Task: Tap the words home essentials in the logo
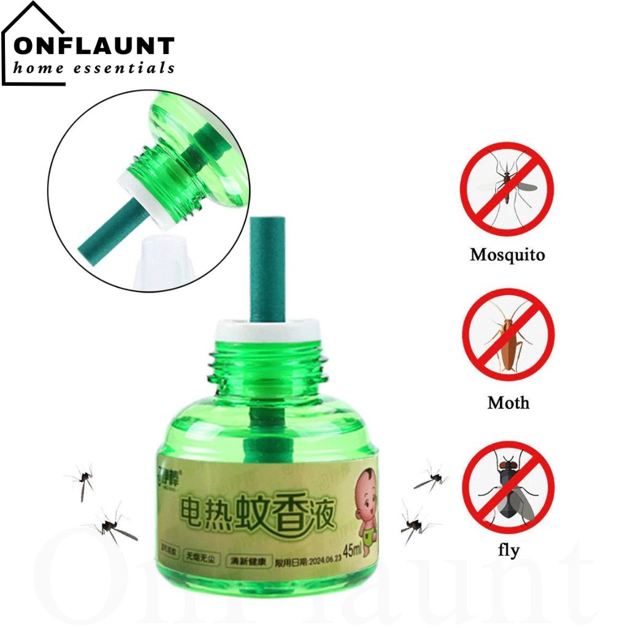point(94,68)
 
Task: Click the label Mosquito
point(507,255)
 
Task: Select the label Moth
point(508,403)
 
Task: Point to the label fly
point(508,550)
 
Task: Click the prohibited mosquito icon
point(507,189)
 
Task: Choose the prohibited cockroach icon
point(508,335)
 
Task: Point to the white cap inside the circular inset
point(161,260)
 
